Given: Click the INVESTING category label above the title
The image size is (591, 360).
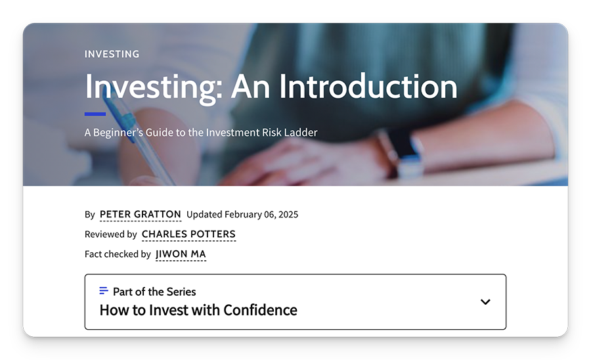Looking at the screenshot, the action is (x=112, y=54).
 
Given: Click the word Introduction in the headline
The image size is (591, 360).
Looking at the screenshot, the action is (x=368, y=86).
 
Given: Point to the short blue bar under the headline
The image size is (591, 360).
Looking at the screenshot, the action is (x=95, y=114).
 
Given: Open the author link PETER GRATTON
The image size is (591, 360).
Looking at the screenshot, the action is (x=141, y=215).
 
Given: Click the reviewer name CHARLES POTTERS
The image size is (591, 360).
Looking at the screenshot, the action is (x=188, y=235).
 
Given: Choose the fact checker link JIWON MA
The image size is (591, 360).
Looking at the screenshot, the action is (x=181, y=254).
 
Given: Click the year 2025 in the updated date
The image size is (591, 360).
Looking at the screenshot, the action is (x=288, y=215).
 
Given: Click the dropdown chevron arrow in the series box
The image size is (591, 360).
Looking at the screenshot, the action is (x=485, y=302).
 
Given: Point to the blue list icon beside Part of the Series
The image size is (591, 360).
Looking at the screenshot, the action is (x=104, y=290).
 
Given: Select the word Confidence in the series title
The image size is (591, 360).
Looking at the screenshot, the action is (x=260, y=310).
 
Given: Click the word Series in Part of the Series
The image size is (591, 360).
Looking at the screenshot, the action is (x=181, y=292).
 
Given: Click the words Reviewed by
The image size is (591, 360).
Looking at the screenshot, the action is (x=111, y=235).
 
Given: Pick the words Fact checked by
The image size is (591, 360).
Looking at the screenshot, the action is (x=118, y=254).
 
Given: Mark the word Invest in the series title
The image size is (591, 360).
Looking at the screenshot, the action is (x=168, y=310).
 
